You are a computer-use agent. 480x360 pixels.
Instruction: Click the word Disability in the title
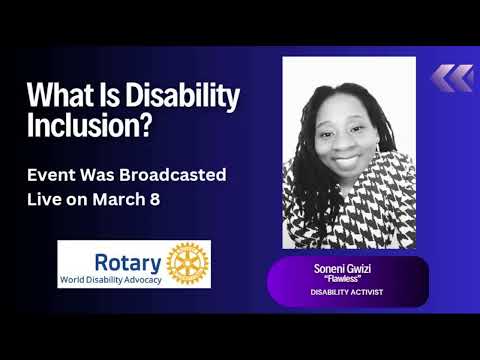click(178, 98)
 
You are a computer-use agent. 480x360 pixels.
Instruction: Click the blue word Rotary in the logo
click(127, 263)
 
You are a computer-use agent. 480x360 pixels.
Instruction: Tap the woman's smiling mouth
click(347, 157)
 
